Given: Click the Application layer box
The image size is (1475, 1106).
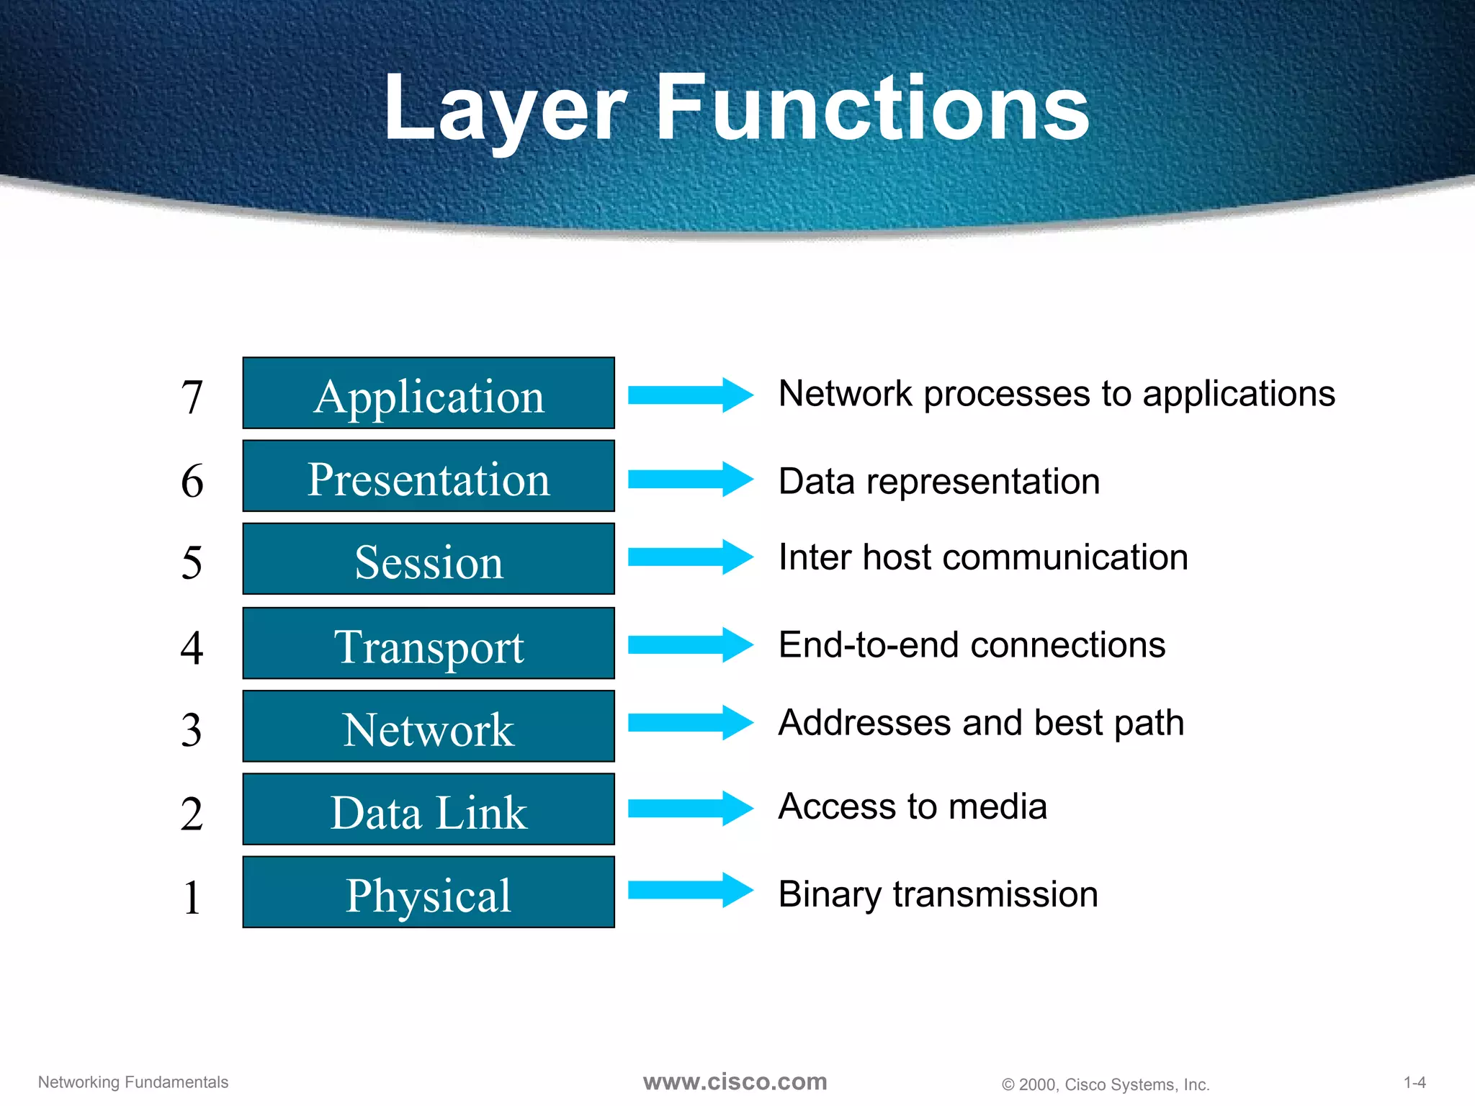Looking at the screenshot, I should point(429,393).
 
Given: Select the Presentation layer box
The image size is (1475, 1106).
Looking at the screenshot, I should point(429,476).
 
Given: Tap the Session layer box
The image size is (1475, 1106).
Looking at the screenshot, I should point(429,559).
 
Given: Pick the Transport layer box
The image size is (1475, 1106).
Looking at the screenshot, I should point(429,643).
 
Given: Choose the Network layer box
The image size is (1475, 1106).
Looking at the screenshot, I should point(429,726).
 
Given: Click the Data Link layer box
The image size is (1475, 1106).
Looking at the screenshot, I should point(429,809).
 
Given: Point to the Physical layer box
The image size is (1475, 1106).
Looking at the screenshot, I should point(429,892).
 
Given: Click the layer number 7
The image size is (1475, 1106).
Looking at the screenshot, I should point(192,397).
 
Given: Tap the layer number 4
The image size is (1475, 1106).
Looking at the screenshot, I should point(192,647).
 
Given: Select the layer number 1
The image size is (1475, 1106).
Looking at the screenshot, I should point(192,898).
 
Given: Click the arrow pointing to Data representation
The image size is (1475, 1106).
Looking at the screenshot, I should point(690,479).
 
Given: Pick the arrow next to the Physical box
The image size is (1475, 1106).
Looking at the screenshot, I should point(690,890).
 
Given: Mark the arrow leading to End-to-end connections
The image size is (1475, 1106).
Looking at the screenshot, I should point(690,644).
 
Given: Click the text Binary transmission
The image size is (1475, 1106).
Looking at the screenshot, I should point(938,894).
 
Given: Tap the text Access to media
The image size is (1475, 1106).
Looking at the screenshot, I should point(913,806).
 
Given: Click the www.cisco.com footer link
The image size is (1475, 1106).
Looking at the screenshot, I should point(735,1082).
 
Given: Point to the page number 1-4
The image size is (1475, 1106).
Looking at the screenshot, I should point(1415,1082).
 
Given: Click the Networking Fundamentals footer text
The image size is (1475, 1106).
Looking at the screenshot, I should point(133,1082).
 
